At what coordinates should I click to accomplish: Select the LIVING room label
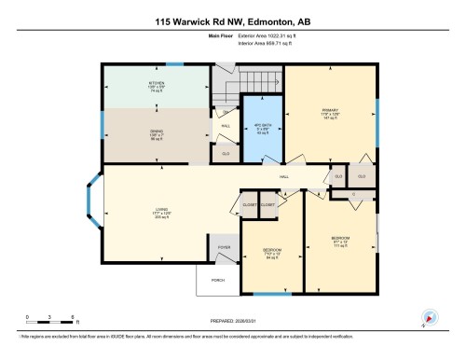pyautogui.click(x=156, y=211)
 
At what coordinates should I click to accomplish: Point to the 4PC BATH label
pyautogui.click(x=261, y=129)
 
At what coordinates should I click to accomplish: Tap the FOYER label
pyautogui.click(x=224, y=247)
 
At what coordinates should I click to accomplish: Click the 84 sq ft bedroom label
pyautogui.click(x=271, y=253)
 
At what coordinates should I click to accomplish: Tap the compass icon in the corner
pyautogui.click(x=430, y=318)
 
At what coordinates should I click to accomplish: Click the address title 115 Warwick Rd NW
pyautogui.click(x=233, y=19)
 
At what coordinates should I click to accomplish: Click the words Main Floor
pyautogui.click(x=218, y=37)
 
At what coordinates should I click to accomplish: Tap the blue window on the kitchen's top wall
pyautogui.click(x=174, y=64)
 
